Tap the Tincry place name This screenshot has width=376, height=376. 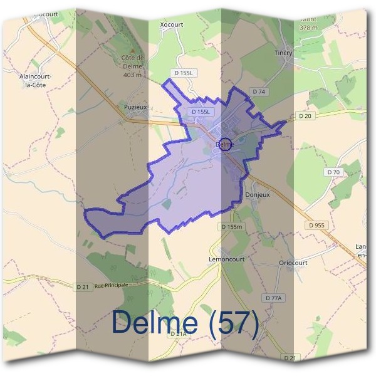[x=283, y=53]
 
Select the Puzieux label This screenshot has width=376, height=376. [x=135, y=107]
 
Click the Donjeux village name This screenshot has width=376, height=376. [x=258, y=195]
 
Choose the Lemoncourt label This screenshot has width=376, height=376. [x=226, y=258]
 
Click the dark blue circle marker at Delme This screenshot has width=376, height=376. [x=226, y=144]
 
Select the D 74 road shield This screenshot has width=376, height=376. [x=259, y=92]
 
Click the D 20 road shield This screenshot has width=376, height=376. [x=305, y=116]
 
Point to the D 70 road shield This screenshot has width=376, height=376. [x=333, y=172]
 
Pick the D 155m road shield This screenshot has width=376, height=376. [x=231, y=227]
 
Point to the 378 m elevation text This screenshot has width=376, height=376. [x=308, y=28]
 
